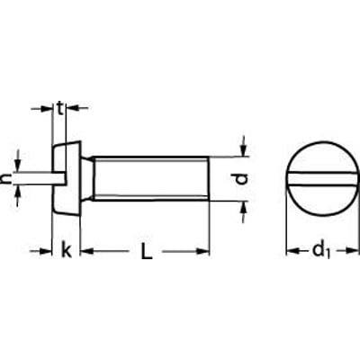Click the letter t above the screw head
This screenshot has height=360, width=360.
pyautogui.click(x=60, y=110)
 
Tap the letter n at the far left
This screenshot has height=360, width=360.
pyautogui.click(x=7, y=180)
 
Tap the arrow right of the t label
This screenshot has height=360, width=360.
pyautogui.click(x=74, y=110)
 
